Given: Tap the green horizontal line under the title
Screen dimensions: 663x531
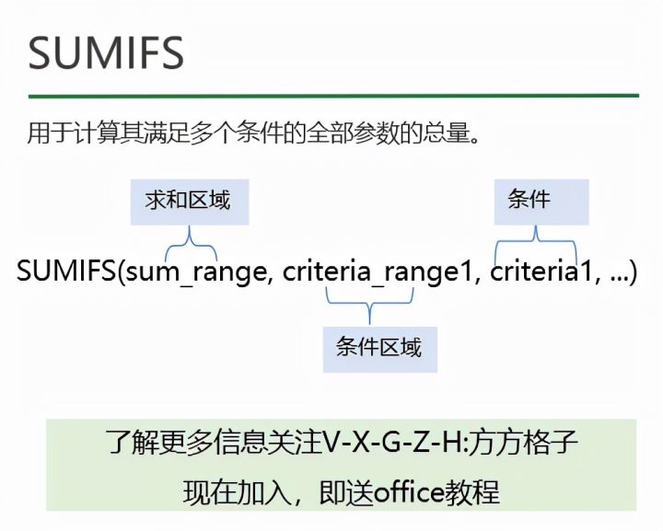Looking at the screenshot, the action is click(x=332, y=95).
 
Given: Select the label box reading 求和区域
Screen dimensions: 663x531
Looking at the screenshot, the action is click(x=188, y=200).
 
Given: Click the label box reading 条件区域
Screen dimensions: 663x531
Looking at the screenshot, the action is click(x=378, y=347).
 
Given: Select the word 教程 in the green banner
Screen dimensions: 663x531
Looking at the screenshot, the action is click(x=476, y=491).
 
